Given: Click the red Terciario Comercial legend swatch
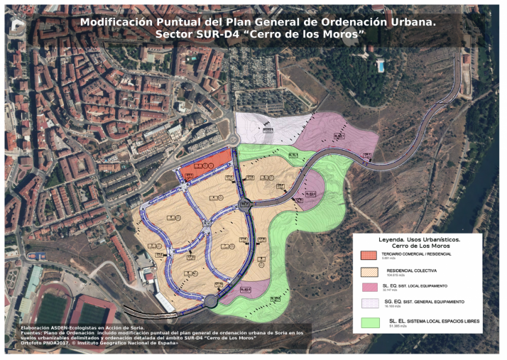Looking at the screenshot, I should [368, 255].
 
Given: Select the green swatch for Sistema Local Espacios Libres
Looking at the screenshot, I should [368, 322].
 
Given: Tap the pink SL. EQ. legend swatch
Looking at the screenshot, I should [368, 287].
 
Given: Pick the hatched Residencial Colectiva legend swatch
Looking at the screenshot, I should [368, 271].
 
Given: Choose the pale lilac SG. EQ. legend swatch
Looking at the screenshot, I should [368, 304].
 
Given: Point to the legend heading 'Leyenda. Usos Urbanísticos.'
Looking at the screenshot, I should [418, 239].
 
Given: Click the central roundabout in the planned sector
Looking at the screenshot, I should [245, 204].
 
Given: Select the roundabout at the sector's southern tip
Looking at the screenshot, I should [210, 301].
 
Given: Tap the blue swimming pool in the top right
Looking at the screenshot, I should [381, 66].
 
